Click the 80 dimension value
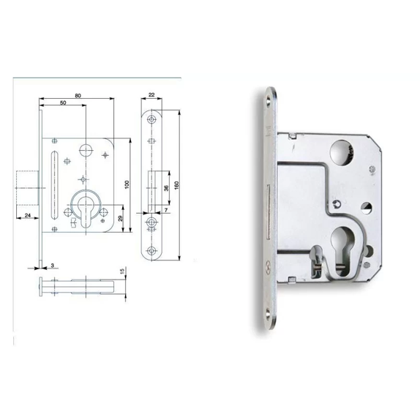(x=78, y=96)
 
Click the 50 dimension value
(x=63, y=103)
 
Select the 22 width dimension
(x=151, y=95)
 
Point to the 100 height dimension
(x=127, y=184)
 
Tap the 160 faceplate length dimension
(x=176, y=185)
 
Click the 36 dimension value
(x=166, y=188)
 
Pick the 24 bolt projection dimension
(x=28, y=215)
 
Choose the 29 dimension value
(x=120, y=218)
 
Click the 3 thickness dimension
(x=53, y=265)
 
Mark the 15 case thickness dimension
(x=122, y=271)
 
